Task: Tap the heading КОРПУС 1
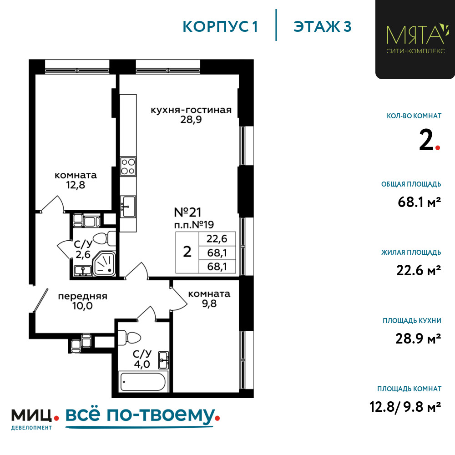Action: click(x=220, y=27)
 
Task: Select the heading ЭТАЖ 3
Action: click(x=323, y=27)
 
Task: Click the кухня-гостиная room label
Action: click(x=191, y=110)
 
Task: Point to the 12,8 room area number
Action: click(x=76, y=185)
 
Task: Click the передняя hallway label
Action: click(x=83, y=296)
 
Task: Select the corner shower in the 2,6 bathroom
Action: click(x=104, y=264)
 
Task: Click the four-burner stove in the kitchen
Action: click(x=128, y=167)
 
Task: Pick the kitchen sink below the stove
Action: click(x=128, y=206)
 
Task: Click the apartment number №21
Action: click(x=187, y=212)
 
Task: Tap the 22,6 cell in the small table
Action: click(x=217, y=239)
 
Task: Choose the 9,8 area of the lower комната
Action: click(x=209, y=303)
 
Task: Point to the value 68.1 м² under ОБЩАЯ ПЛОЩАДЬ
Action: click(x=420, y=202)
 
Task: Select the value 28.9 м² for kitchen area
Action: click(x=418, y=339)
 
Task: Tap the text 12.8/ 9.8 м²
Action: click(x=405, y=407)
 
